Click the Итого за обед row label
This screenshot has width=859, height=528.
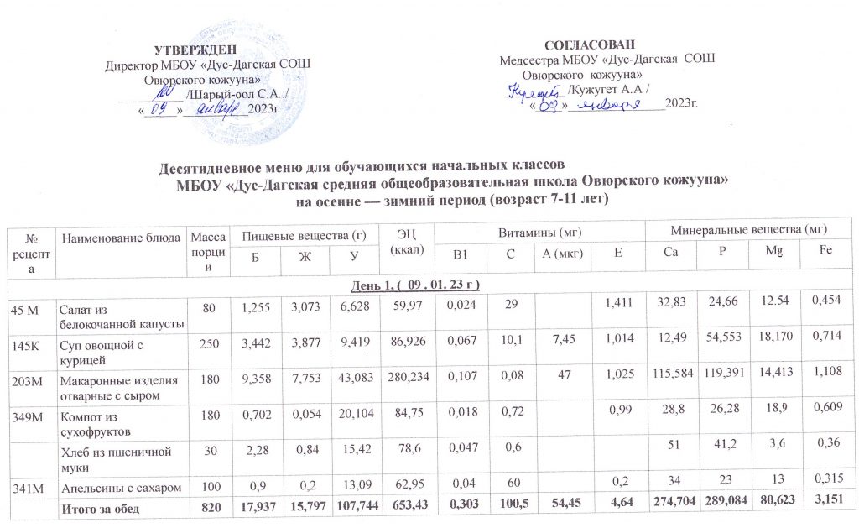pos(97,507)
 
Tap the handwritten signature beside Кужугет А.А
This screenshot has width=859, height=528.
pos(537,88)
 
